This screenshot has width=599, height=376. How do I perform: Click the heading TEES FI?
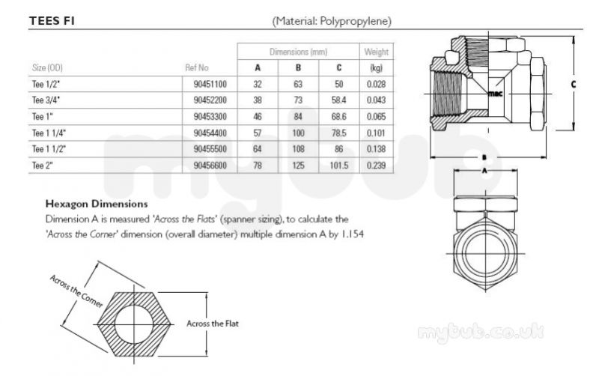click(x=52, y=21)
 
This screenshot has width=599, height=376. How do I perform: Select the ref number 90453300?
click(x=210, y=117)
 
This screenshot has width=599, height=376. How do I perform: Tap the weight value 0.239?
click(x=377, y=166)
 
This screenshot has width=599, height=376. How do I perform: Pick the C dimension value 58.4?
click(x=339, y=100)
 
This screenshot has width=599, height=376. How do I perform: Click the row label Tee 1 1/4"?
click(x=49, y=133)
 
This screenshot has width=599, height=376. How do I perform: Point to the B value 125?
click(x=298, y=166)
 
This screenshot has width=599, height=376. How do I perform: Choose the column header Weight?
click(x=377, y=52)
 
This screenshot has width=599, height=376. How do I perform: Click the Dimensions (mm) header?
click(x=298, y=52)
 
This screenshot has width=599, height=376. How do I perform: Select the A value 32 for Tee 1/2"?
click(x=258, y=84)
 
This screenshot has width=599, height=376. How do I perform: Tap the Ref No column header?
click(x=197, y=67)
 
